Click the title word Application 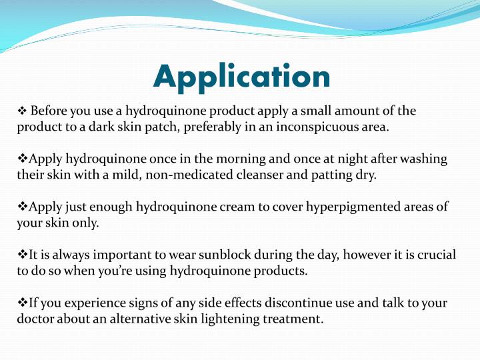click(x=241, y=77)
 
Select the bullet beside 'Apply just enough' click(x=22, y=207)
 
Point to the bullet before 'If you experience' click(x=22, y=303)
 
